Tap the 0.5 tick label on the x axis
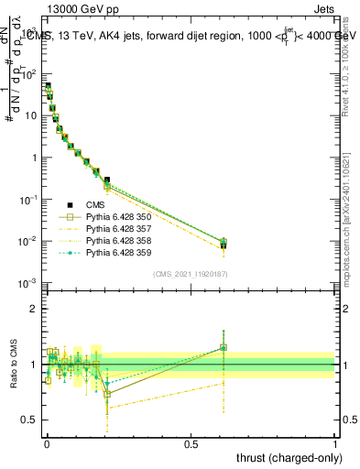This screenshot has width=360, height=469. [x=191, y=442]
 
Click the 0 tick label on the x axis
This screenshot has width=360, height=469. [x=47, y=442]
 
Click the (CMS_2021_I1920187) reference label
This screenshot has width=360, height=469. [x=191, y=274]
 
